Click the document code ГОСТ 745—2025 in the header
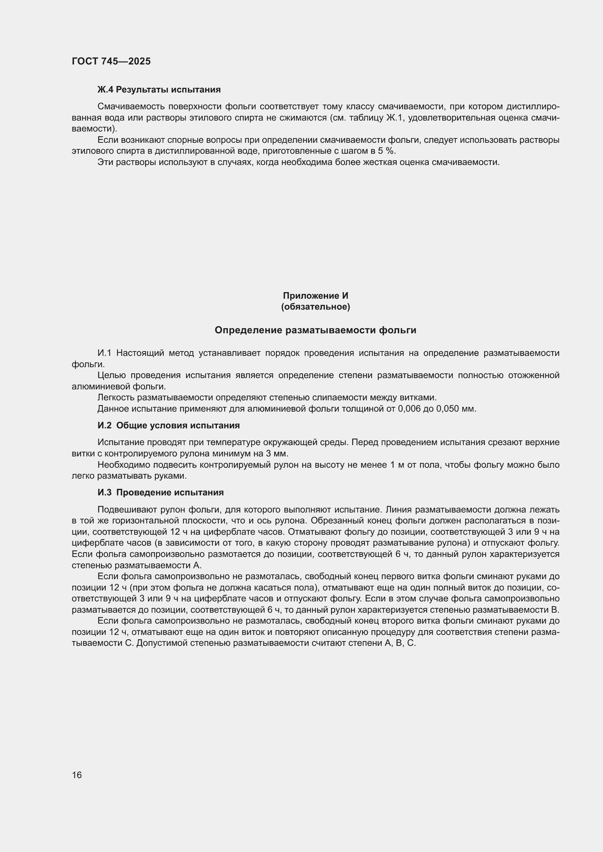pyautogui.click(x=111, y=61)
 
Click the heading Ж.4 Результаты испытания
pyautogui.click(x=159, y=90)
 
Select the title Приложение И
pyautogui.click(x=315, y=295)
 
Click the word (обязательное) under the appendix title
pyautogui.click(x=315, y=306)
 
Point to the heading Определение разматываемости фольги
pyautogui.click(x=315, y=330)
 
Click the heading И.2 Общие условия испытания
pyautogui.click(x=168, y=425)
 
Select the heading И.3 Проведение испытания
pyautogui.click(x=160, y=492)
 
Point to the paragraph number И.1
pyautogui.click(x=104, y=353)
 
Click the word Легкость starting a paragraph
pyautogui.click(x=116, y=397)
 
